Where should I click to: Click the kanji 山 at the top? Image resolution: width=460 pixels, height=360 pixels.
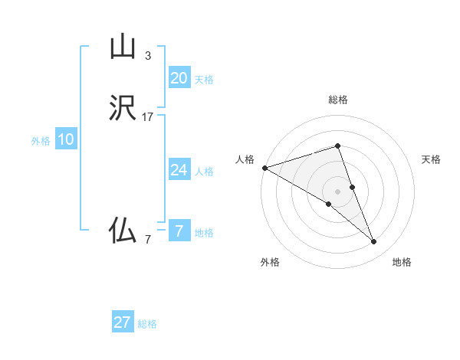[122, 47]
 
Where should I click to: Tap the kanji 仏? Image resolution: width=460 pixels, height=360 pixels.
[122, 231]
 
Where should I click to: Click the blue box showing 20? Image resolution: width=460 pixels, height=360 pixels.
[179, 78]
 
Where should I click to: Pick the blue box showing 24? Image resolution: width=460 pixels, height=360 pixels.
[179, 170]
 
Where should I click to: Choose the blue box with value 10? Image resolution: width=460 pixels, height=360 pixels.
[66, 139]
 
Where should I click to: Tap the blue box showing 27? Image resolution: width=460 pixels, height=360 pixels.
[122, 322]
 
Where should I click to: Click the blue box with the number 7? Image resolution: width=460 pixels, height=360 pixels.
[179, 231]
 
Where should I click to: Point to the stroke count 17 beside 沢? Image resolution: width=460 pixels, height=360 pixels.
[148, 117]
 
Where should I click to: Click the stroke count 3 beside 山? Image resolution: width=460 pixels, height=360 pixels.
[148, 56]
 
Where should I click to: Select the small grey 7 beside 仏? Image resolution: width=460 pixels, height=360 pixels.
[148, 240]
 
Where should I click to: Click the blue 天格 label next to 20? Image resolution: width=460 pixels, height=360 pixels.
[204, 80]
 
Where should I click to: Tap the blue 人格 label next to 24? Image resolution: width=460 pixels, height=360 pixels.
[204, 172]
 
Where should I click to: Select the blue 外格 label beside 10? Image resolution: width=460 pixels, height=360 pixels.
[41, 141]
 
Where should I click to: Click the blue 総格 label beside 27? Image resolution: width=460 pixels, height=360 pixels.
[147, 324]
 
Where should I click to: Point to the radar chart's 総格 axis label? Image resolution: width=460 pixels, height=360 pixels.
[337, 100]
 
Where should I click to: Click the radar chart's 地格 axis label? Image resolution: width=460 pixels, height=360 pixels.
[402, 262]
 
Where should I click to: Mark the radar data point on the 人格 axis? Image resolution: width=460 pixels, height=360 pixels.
[264, 167]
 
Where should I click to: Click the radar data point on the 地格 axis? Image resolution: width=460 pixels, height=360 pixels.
[373, 242]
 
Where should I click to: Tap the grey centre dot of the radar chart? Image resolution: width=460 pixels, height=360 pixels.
[337, 191]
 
